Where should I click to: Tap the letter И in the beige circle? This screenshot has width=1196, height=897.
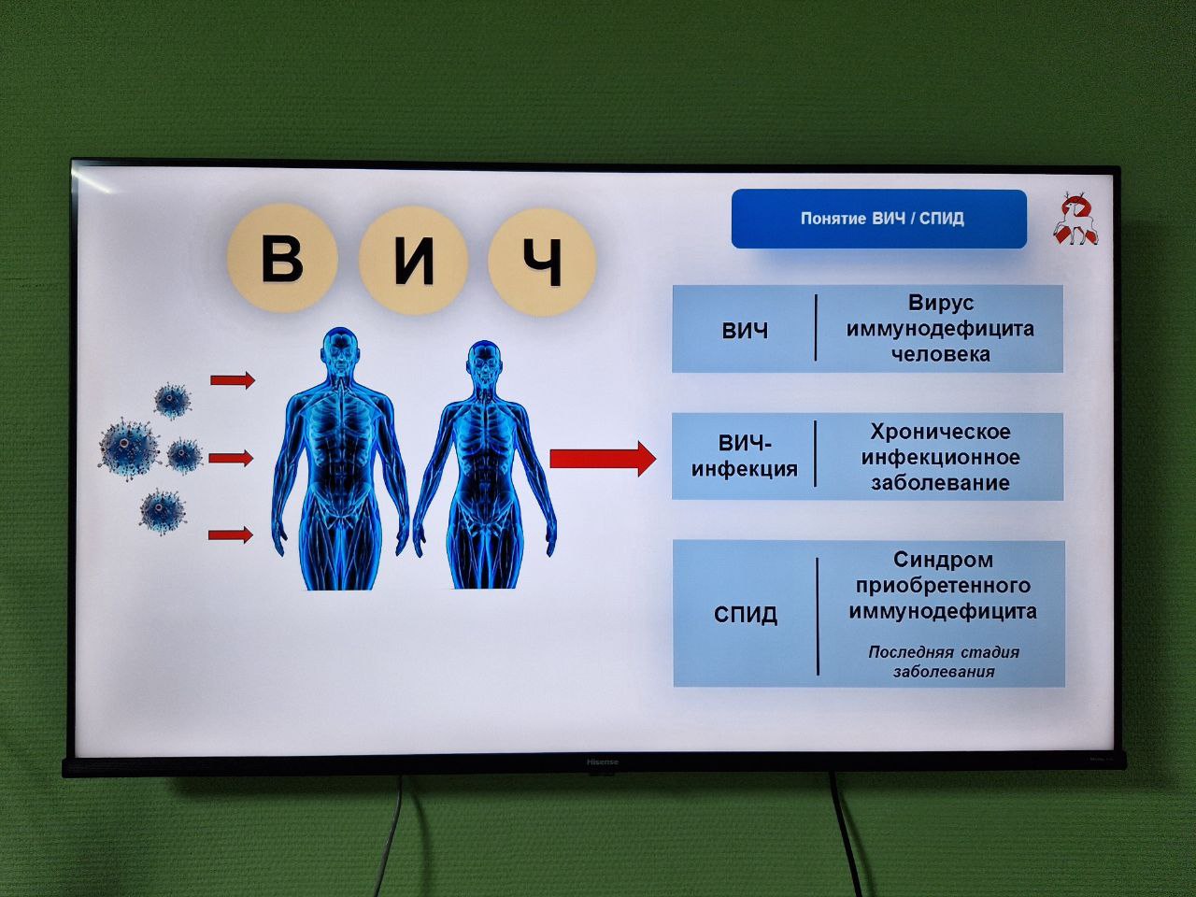click(412, 261)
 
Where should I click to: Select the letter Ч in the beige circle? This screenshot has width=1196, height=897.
click(543, 262)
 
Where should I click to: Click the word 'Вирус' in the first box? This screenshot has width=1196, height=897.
click(940, 303)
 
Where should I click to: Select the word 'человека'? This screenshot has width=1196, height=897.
click(940, 354)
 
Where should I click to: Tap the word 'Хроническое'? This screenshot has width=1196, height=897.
click(940, 432)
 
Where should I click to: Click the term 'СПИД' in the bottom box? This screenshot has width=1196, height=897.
click(746, 615)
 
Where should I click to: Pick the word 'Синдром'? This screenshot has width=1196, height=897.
click(943, 560)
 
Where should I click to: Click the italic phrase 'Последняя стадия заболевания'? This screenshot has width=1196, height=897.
click(943, 662)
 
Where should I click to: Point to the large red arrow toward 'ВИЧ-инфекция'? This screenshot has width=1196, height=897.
click(602, 458)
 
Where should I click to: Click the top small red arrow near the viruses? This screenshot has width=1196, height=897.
click(232, 379)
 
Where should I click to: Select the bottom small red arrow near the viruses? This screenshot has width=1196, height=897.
click(231, 534)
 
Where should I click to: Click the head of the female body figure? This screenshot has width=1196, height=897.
click(482, 359)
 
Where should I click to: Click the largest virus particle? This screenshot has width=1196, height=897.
click(127, 446)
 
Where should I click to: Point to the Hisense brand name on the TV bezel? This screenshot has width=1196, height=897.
click(602, 762)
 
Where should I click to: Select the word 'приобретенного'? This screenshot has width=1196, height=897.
click(943, 586)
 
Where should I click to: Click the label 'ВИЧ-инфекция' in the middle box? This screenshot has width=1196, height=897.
click(745, 456)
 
